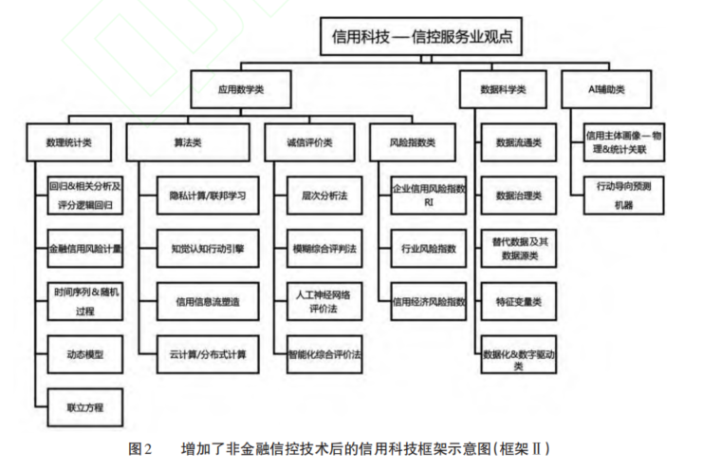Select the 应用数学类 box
[x=240, y=90]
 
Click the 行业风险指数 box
[x=429, y=249]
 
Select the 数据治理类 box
[x=518, y=197]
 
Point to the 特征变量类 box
[x=518, y=302]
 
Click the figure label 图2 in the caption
[x=139, y=447]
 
